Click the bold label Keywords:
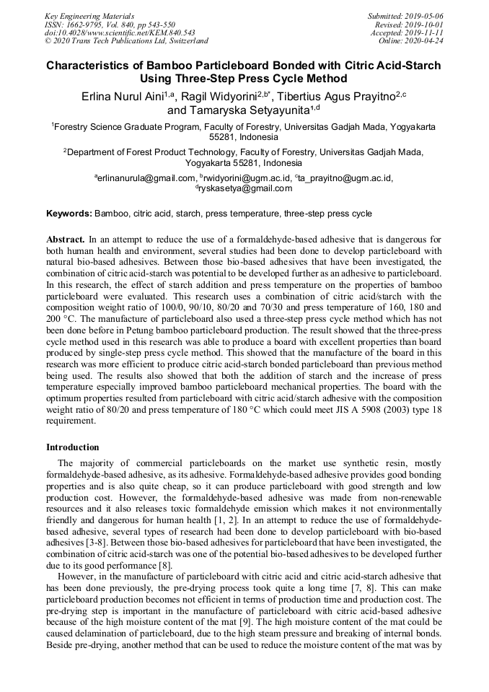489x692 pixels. coord(69,214)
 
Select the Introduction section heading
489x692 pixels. coord(73,447)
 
